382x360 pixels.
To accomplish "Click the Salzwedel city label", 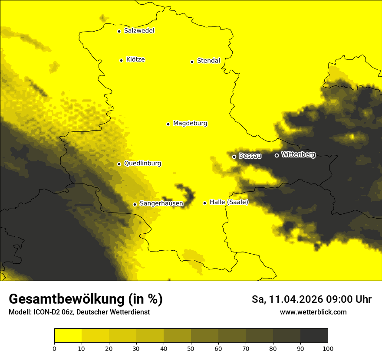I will [139, 31].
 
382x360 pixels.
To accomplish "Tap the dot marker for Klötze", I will [121, 60].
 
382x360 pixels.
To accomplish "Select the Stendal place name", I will [208, 61].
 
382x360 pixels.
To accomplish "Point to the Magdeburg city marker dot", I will [168, 124].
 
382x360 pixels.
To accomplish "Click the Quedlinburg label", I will [142, 164].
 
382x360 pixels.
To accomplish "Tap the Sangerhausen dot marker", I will [135, 204].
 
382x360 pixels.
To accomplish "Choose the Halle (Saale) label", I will [229, 202].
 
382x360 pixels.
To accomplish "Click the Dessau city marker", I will [234, 157].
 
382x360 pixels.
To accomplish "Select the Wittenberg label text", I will [298, 154].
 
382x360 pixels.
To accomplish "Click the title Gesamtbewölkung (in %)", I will [86, 299].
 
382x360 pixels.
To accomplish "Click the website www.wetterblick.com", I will [313, 312].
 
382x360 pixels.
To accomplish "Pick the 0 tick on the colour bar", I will [54, 348].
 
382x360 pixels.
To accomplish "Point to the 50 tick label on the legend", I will [191, 348].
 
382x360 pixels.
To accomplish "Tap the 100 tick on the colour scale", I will [328, 348].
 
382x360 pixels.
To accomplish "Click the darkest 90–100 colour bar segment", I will [314, 336].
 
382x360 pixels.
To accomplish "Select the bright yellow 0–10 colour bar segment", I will [68, 336].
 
